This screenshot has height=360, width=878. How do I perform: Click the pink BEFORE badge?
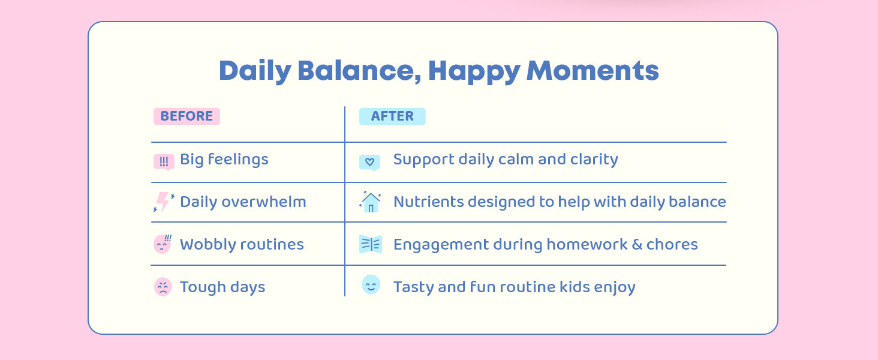tap(187, 116)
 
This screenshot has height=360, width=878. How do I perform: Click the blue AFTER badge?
tap(392, 116)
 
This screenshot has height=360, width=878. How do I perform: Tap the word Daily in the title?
tap(255, 71)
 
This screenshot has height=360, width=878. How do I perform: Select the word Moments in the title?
tap(593, 71)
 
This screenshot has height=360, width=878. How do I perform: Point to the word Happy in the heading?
tap(474, 71)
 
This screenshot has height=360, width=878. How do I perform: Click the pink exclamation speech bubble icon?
tap(164, 162)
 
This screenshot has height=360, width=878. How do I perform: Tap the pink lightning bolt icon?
tap(164, 202)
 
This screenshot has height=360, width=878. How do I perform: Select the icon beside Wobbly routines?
tap(163, 244)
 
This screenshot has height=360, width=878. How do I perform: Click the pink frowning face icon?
tap(163, 287)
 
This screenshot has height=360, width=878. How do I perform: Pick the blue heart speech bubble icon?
tap(369, 163)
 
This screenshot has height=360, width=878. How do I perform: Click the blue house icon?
tap(371, 202)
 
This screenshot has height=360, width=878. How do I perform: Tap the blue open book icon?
tap(371, 244)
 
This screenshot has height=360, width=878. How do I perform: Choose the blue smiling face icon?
tap(371, 284)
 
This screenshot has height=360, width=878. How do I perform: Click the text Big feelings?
tap(224, 160)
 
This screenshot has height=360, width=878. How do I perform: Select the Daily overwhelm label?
tap(243, 202)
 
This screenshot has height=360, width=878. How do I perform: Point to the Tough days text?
tap(222, 287)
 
